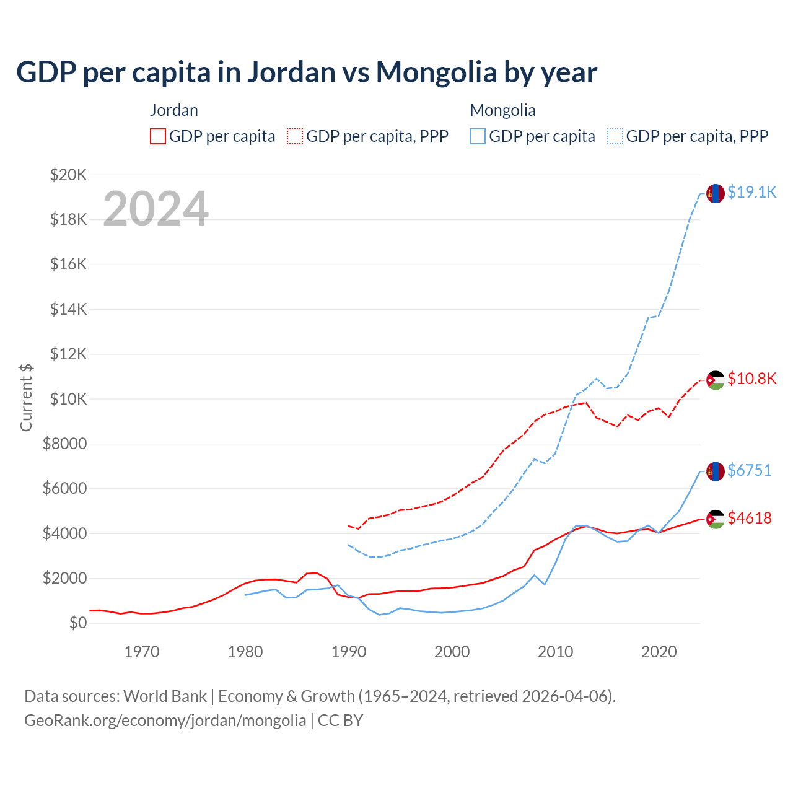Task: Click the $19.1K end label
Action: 751,193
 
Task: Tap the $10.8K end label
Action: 751,379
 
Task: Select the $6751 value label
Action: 750,471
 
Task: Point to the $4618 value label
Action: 750,518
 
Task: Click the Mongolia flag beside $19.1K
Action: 716,193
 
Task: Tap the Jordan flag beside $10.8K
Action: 716,380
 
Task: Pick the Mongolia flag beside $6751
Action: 716,471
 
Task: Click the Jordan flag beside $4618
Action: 716,519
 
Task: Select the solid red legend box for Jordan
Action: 158,136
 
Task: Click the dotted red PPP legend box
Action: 296,136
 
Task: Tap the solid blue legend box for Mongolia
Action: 478,136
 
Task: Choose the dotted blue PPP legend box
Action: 615,136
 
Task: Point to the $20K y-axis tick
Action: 69,175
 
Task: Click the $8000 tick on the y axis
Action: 65,444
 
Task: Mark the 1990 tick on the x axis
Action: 349,652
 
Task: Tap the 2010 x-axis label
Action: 556,652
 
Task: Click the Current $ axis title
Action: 26,398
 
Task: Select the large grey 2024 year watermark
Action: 156,209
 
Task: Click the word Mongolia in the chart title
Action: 436,72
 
